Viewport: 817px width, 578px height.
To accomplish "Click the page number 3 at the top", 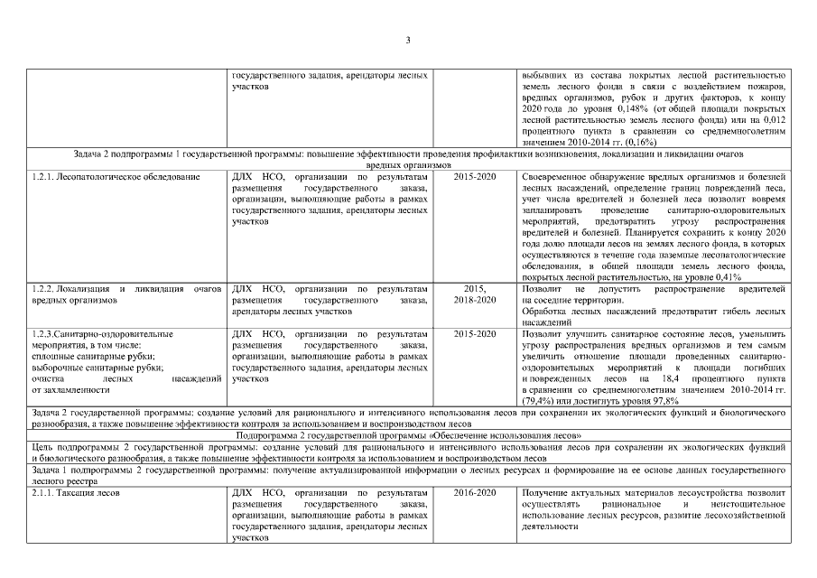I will [x=408, y=40].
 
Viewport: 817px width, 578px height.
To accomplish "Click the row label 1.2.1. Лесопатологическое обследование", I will [x=116, y=177].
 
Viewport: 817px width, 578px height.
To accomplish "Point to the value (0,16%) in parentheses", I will [x=638, y=143].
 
